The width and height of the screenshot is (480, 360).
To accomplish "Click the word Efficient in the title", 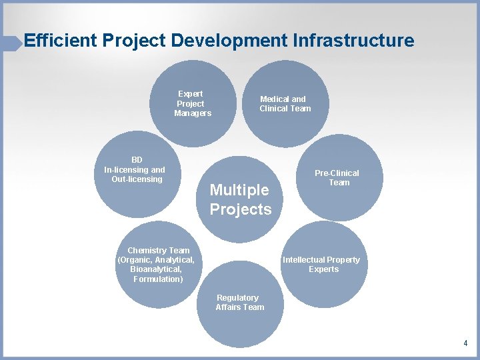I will pos(61,41).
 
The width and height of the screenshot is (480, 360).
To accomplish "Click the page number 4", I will pos(465,343).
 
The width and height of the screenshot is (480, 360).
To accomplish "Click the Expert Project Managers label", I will pos(191,103).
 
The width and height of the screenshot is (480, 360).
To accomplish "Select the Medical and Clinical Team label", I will pos(285,103).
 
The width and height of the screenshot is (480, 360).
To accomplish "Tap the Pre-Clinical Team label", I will pos(338,177).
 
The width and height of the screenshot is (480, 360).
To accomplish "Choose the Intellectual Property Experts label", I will pos(321,265).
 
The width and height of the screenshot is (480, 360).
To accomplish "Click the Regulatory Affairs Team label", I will pos(239,303).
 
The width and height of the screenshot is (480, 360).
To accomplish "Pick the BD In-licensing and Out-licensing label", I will pos(136,169).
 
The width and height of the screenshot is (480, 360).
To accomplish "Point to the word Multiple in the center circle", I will pos(239,190).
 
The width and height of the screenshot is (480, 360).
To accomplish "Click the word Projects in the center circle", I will pos(241,209).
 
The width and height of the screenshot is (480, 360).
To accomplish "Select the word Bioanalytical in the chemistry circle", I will pos(155,269).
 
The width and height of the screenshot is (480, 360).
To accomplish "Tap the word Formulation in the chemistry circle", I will pos(157,279).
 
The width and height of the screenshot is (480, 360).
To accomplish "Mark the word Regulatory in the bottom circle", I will pos(237,298).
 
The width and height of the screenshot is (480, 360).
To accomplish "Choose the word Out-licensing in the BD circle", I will pos(137,179).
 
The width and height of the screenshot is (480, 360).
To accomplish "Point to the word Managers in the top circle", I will pos(193,113).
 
